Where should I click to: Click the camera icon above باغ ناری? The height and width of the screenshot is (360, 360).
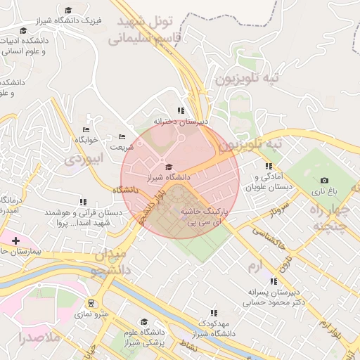(x=324, y=181)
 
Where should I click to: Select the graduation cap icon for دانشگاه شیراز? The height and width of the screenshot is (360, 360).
(x=168, y=167)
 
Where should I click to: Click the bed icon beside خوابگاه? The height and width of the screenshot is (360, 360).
(x=86, y=129)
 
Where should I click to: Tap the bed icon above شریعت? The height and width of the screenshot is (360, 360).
(x=122, y=137)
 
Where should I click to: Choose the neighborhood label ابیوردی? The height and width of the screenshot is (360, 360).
(x=84, y=159)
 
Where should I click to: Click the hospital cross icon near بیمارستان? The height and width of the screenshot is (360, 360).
(x=15, y=240)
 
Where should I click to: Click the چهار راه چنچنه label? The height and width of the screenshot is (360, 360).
(x=330, y=217)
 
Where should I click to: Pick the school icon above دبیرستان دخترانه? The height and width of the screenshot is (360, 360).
(x=181, y=110)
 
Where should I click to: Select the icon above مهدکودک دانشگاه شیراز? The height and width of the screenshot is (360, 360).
(x=214, y=313)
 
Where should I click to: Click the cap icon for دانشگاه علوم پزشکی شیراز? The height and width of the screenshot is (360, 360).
(x=144, y=321)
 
